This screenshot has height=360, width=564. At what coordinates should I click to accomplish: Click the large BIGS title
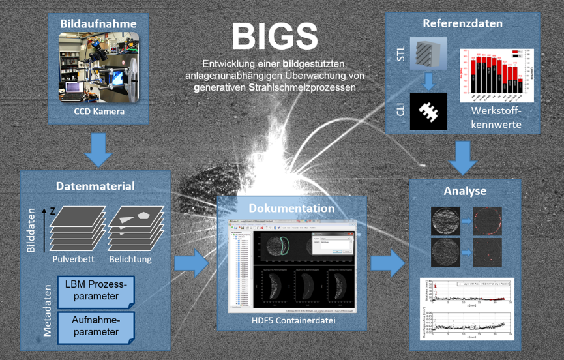coord(275,37)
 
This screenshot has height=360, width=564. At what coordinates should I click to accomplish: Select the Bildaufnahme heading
coord(98,24)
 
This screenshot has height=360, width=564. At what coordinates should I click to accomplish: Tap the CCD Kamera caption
coord(98,111)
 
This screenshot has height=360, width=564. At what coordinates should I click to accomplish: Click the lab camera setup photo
coord(98,67)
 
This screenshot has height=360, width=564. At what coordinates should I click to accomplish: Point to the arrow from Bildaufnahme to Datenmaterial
coord(98,149)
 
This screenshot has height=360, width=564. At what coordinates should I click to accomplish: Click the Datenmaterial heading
coord(96,187)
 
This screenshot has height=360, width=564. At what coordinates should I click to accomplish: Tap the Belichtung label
coord(130,259)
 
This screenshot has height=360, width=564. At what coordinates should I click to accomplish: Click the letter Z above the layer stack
coord(52,211)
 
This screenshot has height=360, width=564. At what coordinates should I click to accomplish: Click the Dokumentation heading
coord(291,209)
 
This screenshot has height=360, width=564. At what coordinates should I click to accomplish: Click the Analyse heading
coord(464,191)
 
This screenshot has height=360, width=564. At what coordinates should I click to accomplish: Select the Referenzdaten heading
coord(463,23)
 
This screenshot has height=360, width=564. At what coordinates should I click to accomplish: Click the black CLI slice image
coord(428,112)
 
